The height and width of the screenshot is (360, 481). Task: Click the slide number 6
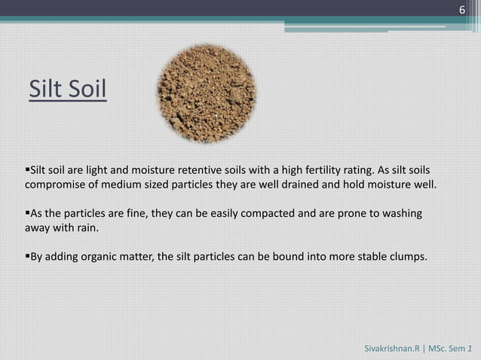461,9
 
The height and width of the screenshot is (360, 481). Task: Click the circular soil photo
206,93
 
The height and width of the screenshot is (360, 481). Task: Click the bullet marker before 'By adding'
28,258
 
